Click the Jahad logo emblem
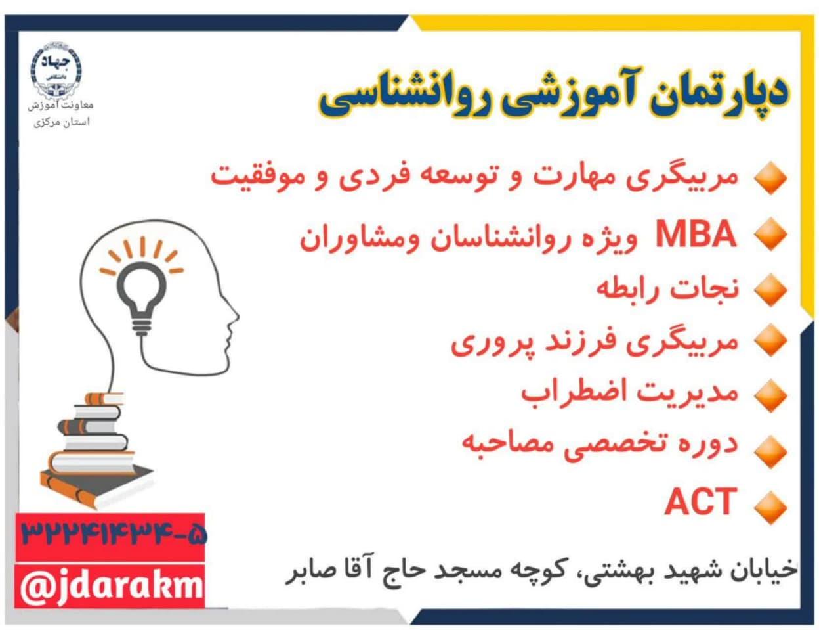pyautogui.click(x=56, y=71)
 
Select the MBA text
pyautogui.click(x=696, y=234)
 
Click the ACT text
pyautogui.click(x=701, y=501)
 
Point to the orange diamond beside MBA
pyautogui.click(x=770, y=234)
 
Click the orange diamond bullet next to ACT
pyautogui.click(x=770, y=506)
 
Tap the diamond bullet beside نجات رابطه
pyautogui.click(x=770, y=290)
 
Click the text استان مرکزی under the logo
pyautogui.click(x=62, y=122)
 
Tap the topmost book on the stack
pyautogui.click(x=104, y=398)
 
